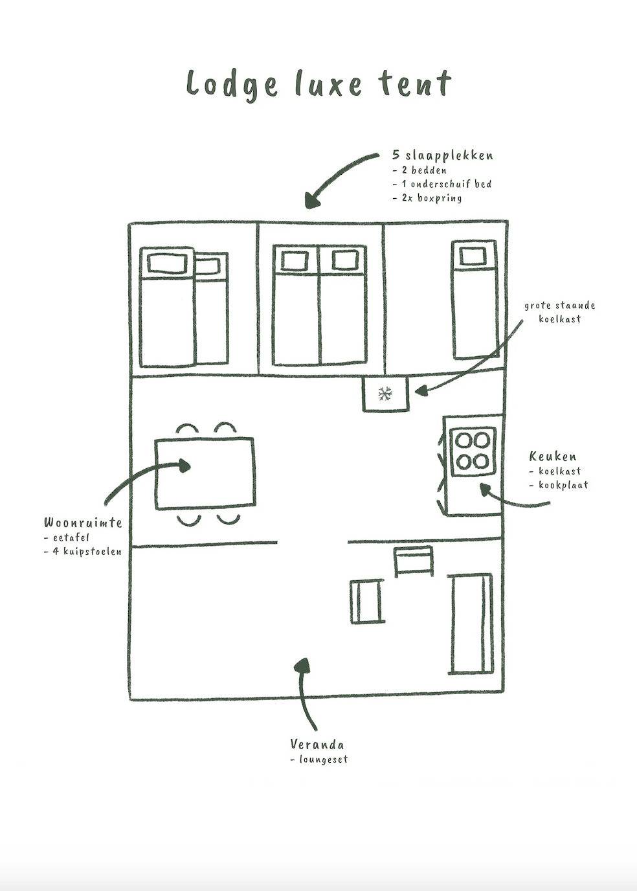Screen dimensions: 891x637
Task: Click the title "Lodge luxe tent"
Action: (x=318, y=84)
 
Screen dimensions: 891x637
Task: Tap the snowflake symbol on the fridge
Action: (x=385, y=394)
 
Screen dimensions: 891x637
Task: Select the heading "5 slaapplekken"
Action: (x=443, y=155)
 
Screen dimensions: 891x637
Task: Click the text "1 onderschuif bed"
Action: (x=445, y=184)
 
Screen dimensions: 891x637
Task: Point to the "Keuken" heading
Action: (x=552, y=457)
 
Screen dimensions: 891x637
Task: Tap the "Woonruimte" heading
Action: (x=83, y=523)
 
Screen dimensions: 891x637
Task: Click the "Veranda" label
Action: (x=317, y=745)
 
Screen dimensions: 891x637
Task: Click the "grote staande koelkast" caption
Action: (x=559, y=311)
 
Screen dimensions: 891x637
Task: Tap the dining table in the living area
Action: (x=204, y=474)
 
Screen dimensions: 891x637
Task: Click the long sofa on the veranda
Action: (x=471, y=624)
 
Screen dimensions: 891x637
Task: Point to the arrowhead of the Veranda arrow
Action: (x=301, y=666)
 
